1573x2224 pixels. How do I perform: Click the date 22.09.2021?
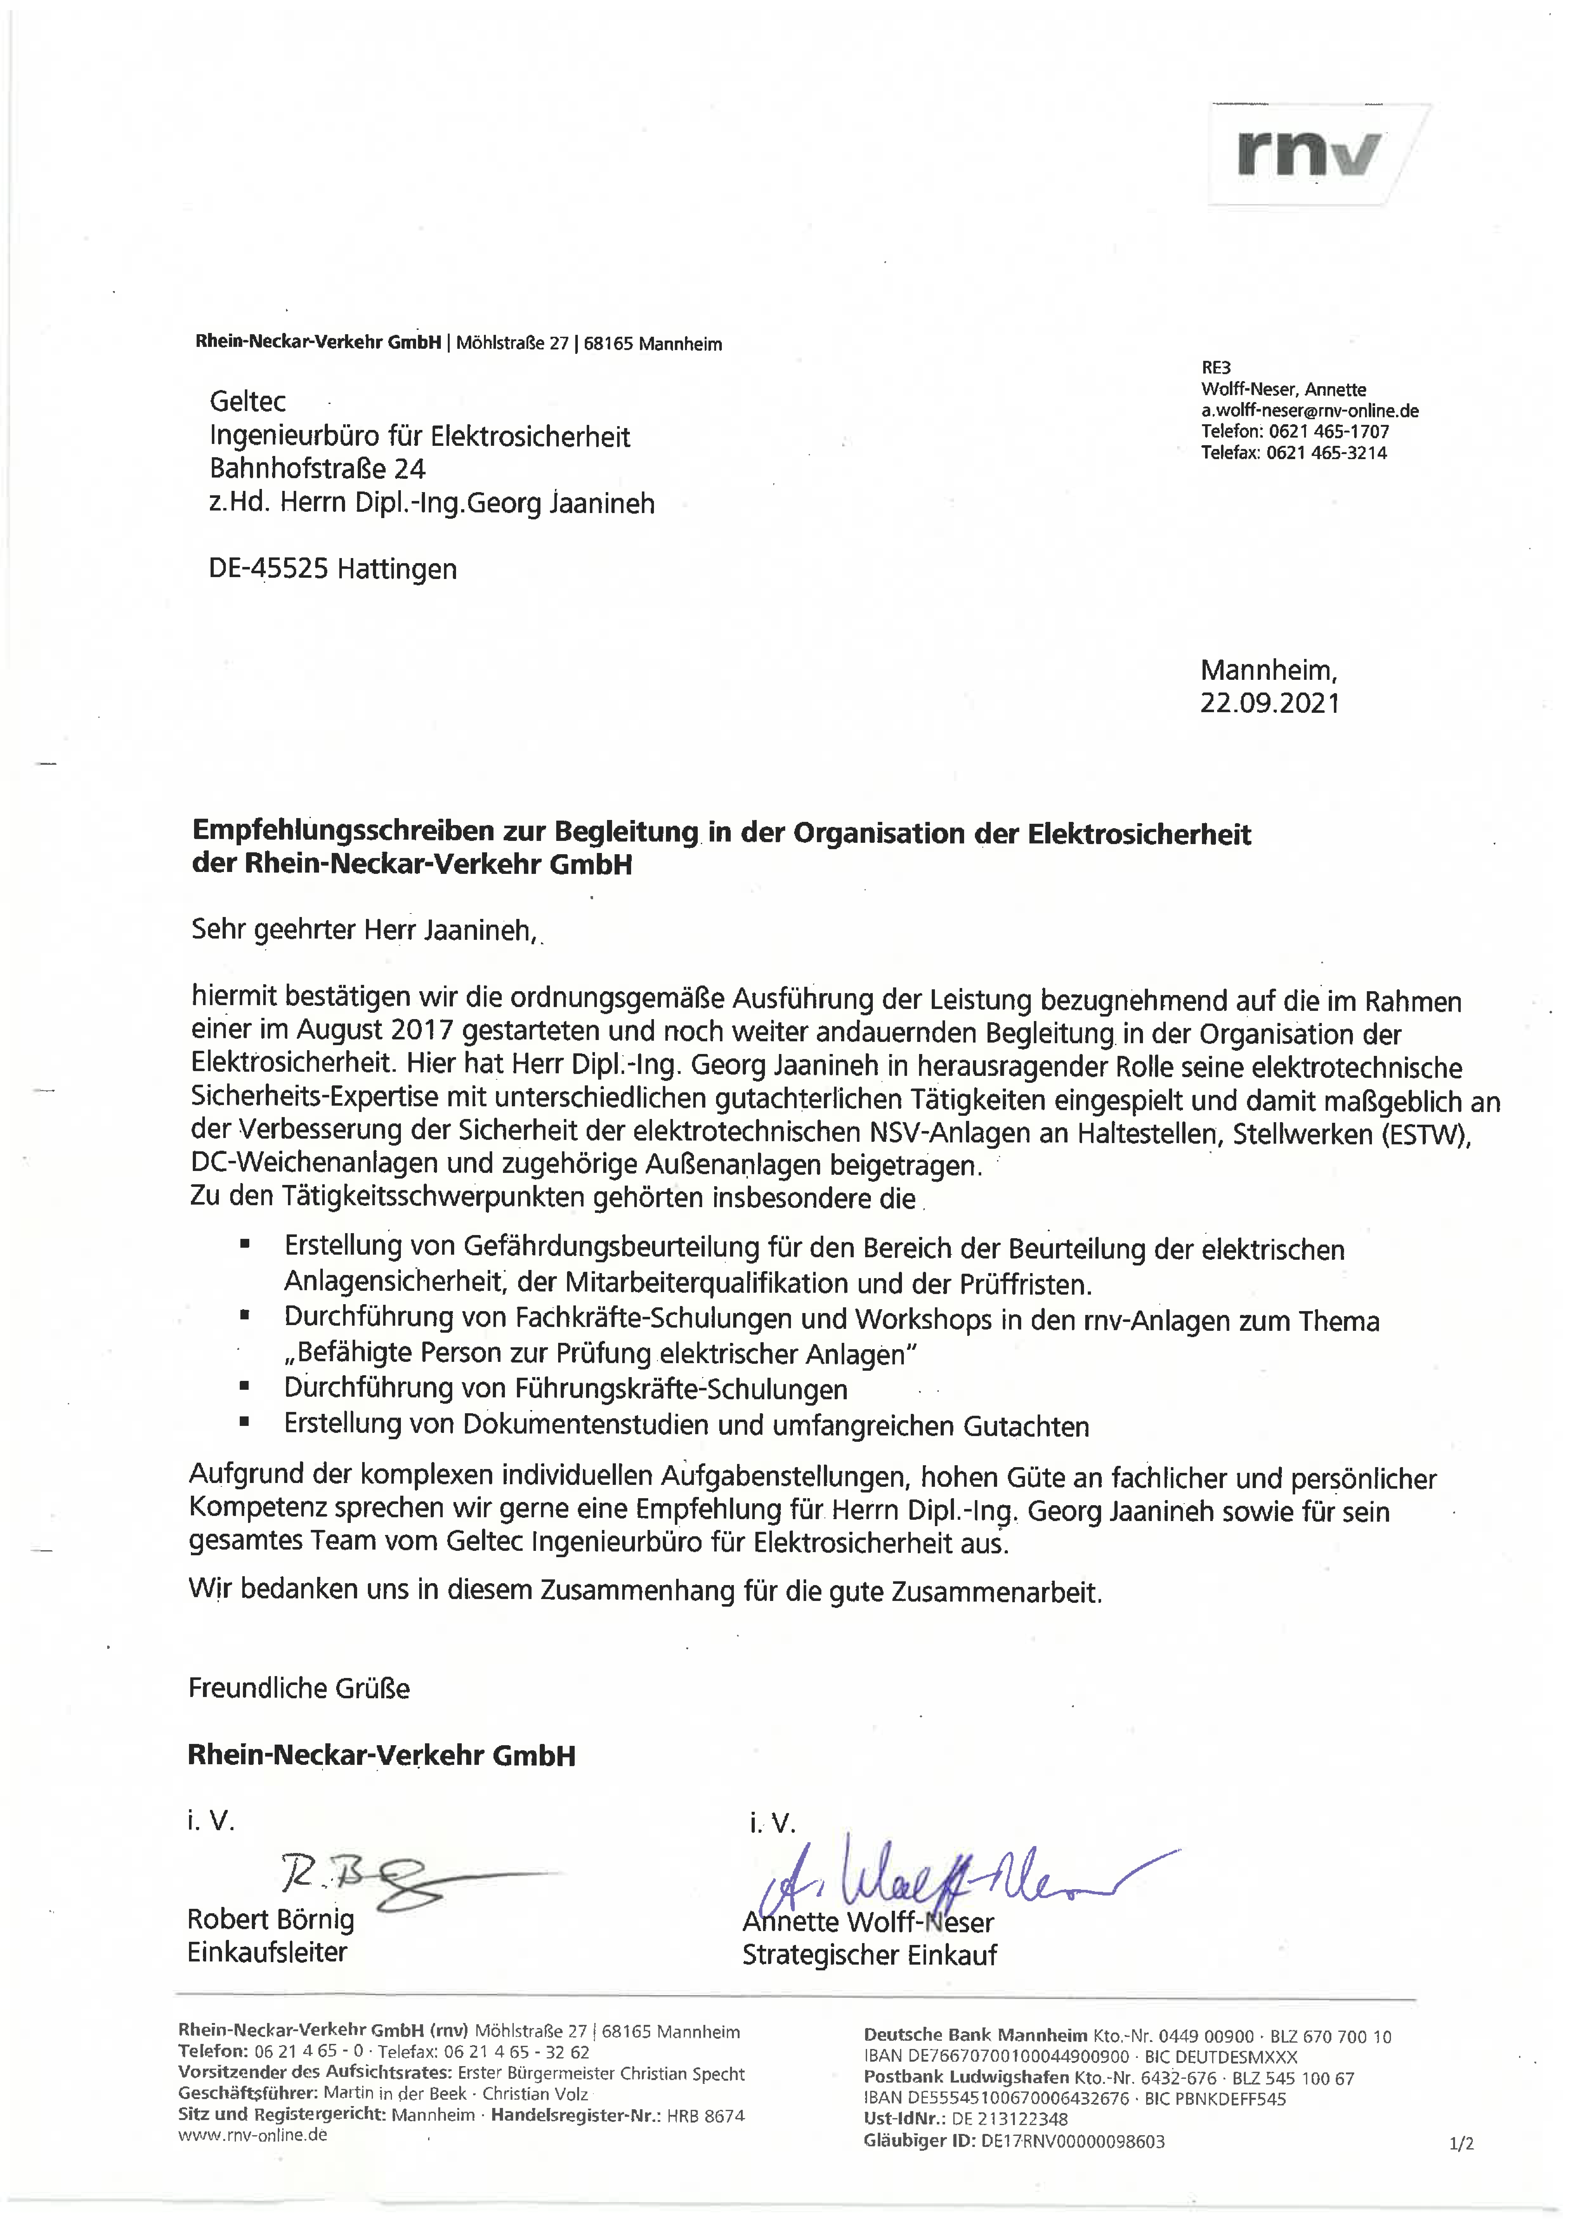1270,703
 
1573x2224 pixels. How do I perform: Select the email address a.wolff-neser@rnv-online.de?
1309,411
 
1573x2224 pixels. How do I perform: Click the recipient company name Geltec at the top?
248,401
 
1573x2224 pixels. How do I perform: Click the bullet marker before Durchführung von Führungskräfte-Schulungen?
245,1387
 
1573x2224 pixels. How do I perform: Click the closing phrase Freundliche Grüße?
298,1688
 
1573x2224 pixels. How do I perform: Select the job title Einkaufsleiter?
267,1952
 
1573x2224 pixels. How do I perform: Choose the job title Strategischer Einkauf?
869,1955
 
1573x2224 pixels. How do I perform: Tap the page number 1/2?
1461,2143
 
